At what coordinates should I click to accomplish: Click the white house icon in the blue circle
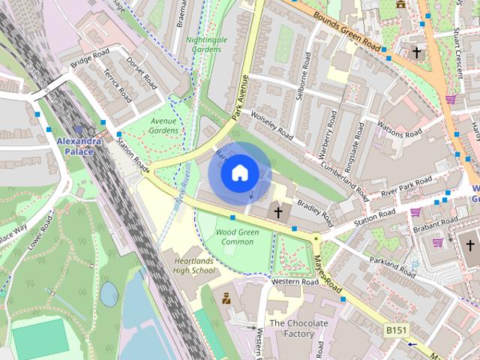coord(239,173)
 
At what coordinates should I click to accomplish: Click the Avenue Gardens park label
coord(163,125)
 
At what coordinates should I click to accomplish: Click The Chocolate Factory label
coord(298,328)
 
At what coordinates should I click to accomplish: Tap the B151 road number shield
coord(397,329)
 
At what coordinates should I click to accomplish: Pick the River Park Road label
coord(406,187)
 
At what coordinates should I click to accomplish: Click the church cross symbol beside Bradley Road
coord(278,212)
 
